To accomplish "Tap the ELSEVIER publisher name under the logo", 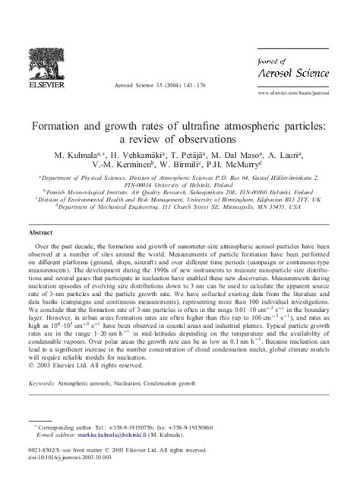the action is (44, 98).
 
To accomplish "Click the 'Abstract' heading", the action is (41, 234).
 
